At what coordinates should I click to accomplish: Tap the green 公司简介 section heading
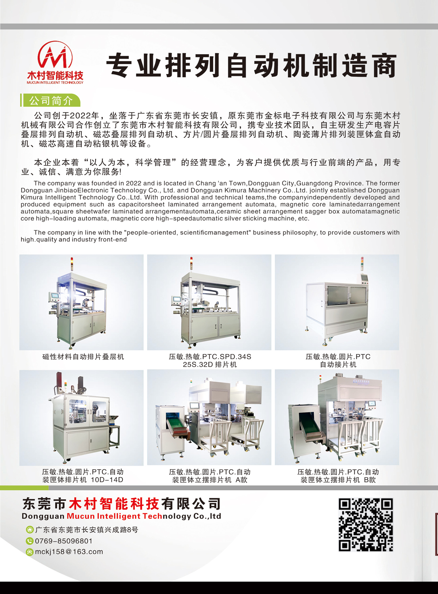[51, 101]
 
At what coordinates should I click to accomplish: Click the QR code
[365, 525]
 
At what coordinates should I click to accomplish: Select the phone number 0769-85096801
[64, 541]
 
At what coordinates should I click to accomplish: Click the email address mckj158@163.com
[69, 552]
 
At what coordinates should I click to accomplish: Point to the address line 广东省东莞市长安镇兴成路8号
[86, 530]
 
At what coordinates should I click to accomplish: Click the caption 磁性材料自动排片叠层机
[83, 357]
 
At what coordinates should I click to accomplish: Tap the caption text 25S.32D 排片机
[210, 365]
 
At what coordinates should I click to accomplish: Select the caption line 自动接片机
[338, 365]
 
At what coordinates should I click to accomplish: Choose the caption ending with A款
[210, 476]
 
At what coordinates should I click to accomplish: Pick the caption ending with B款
[338, 476]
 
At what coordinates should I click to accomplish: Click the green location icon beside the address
[29, 530]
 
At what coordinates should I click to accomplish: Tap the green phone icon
[29, 541]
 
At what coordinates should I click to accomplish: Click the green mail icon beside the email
[29, 552]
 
